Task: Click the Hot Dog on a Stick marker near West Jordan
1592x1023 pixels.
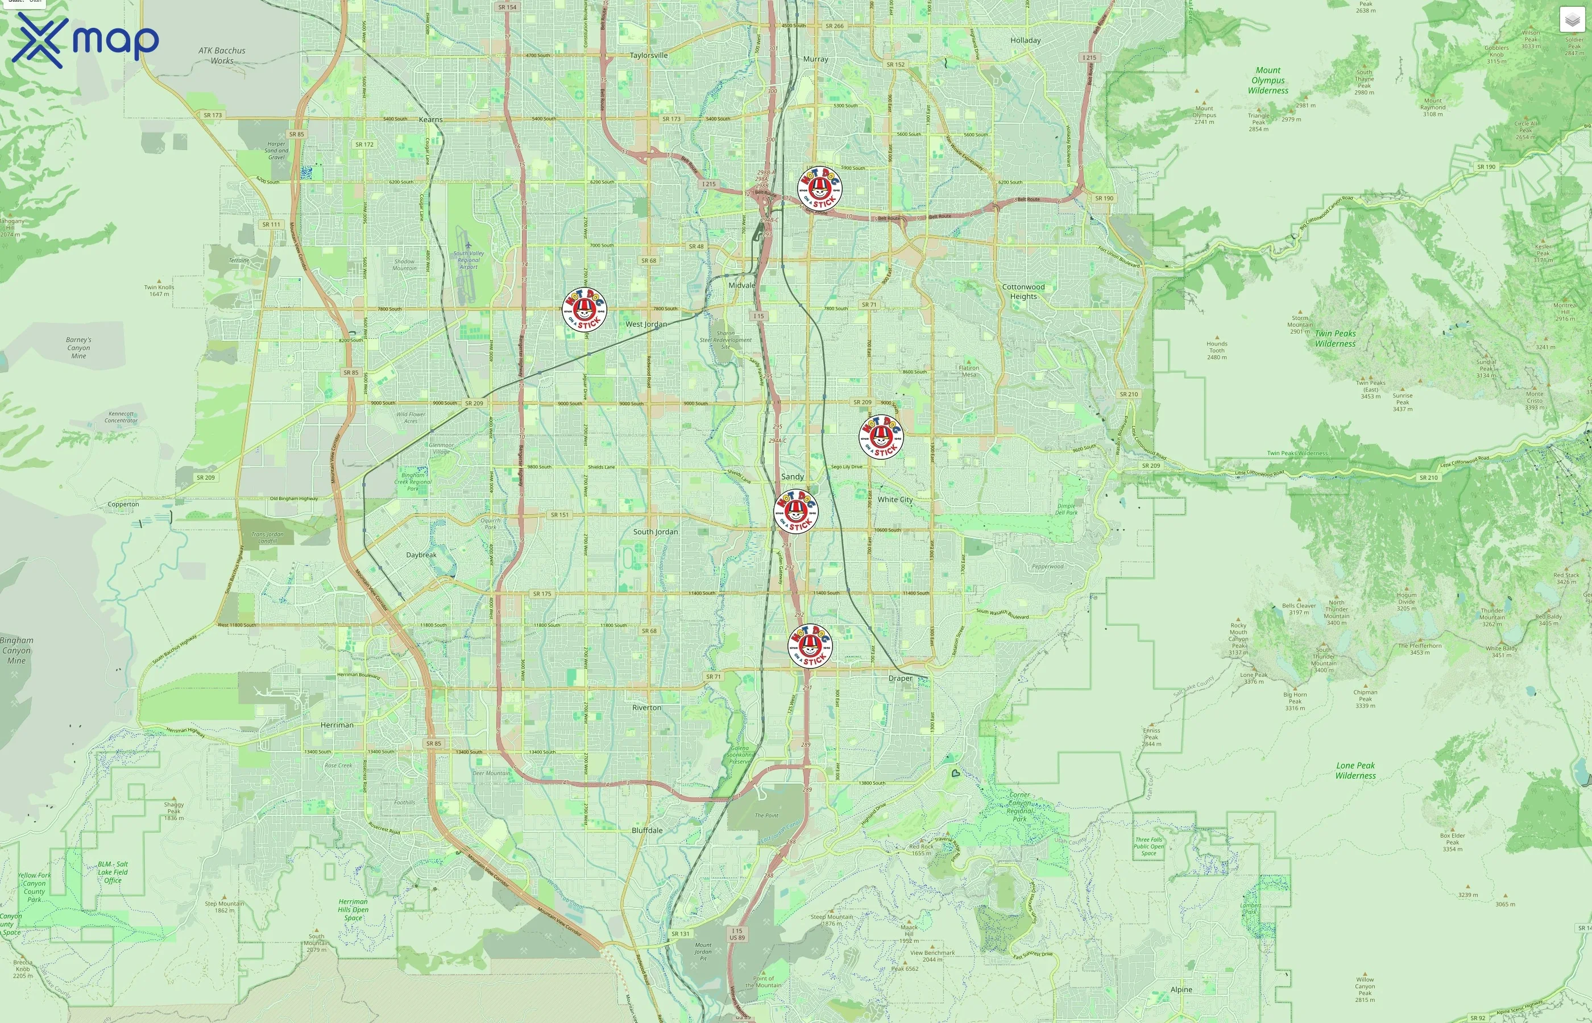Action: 584,310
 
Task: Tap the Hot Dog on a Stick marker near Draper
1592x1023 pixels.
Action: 810,646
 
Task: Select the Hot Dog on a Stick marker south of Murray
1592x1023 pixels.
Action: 819,189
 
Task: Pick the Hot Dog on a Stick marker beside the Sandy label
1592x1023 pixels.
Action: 796,511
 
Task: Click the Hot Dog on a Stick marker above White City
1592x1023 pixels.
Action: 881,437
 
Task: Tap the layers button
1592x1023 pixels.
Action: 1572,20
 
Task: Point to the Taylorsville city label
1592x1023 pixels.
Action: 649,55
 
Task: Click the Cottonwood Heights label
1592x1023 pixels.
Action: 1023,292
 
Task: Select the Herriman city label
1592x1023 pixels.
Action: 337,725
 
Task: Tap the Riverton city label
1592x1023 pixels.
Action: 646,708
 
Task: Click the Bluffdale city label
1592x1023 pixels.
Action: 646,830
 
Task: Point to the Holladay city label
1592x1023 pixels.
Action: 1025,40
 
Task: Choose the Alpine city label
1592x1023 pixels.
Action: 1181,989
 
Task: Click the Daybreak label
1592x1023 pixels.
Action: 421,555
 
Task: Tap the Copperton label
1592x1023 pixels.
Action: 123,504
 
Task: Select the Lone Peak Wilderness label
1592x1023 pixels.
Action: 1355,771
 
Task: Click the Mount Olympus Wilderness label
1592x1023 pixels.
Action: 1268,80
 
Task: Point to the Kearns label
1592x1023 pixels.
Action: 430,119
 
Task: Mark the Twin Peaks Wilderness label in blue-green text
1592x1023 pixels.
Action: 1335,339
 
